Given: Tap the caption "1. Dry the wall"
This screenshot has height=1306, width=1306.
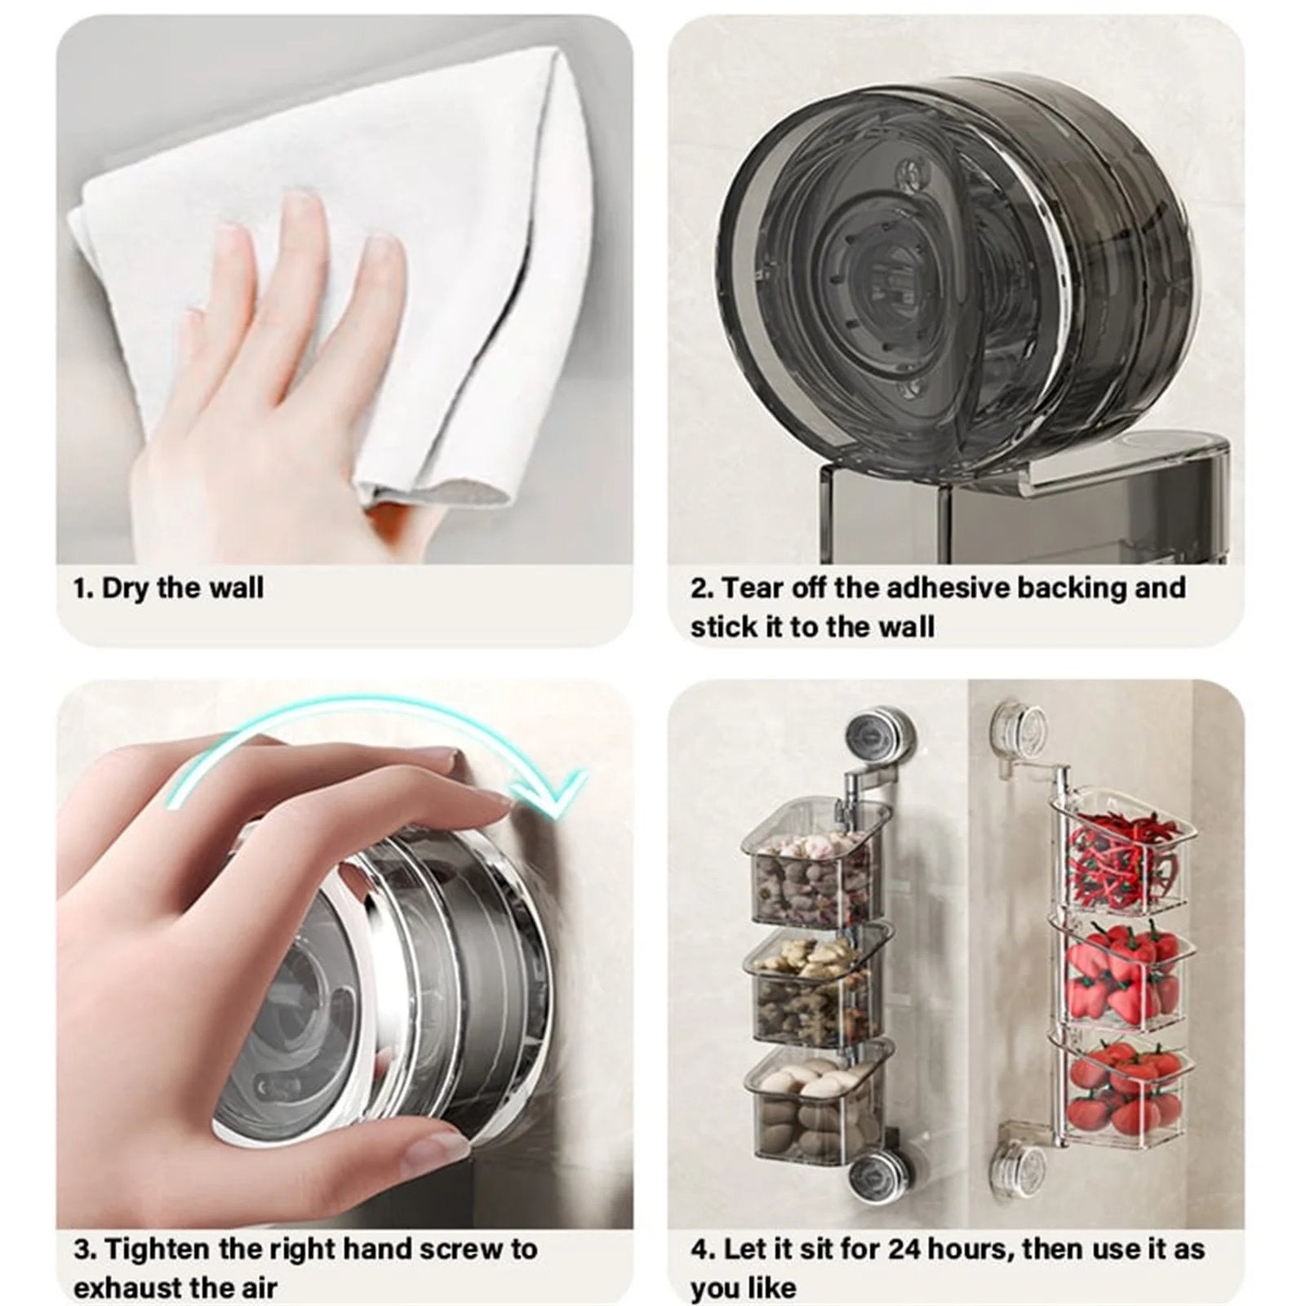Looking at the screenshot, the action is [x=168, y=588].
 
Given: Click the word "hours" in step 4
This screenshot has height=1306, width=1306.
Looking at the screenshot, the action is [x=970, y=1250].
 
